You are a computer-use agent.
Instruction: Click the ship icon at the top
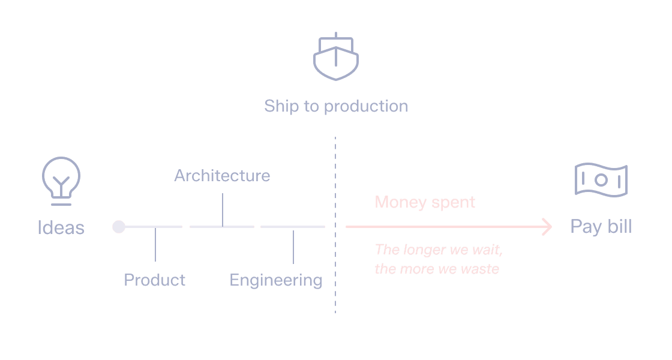(x=335, y=58)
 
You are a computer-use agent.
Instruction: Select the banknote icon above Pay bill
(x=601, y=180)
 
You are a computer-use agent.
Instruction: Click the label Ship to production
(x=335, y=106)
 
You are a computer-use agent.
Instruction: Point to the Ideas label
(x=61, y=228)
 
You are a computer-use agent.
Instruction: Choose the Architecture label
(x=222, y=176)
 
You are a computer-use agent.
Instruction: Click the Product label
(x=154, y=280)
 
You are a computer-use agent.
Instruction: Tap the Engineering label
(x=275, y=280)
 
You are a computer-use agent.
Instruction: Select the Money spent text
(x=425, y=202)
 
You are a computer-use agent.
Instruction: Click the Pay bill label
(x=601, y=227)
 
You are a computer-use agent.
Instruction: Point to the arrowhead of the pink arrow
(x=547, y=227)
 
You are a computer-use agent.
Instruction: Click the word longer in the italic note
(x=421, y=250)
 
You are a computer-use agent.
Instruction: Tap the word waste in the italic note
(x=480, y=269)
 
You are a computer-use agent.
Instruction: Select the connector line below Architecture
(x=223, y=209)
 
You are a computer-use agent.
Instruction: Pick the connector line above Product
(x=155, y=244)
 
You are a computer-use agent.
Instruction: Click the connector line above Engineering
(x=293, y=247)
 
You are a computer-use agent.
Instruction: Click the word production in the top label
(x=365, y=107)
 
